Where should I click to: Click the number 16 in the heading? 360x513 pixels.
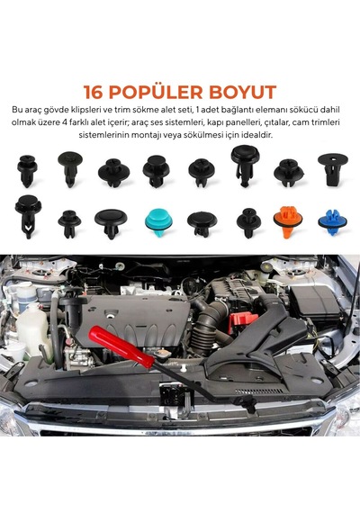pos(94,92)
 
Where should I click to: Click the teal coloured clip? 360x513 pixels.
pos(158,221)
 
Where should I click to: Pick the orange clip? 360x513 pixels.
pos(288,221)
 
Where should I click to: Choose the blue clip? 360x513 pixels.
pos(333,221)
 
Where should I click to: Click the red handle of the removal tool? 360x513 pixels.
pos(121,346)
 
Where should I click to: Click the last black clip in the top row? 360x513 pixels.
pos(332,168)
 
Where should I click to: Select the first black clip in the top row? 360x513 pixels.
pos(27,170)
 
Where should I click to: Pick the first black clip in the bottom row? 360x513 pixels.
pos(28,217)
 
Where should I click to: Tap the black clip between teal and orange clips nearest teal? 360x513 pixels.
pos(202,224)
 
